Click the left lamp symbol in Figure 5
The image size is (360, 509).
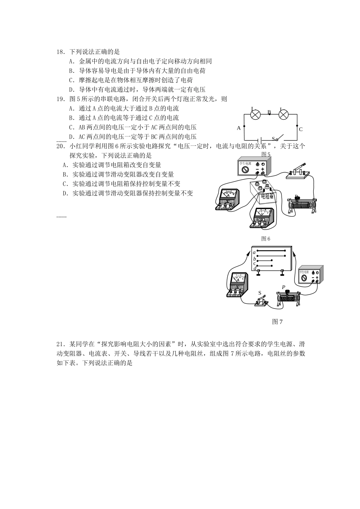point(256,115)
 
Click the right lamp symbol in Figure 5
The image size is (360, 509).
point(284,115)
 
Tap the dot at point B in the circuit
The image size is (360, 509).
point(269,114)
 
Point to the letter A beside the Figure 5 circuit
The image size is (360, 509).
point(239,128)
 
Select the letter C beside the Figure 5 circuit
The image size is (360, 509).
point(301,129)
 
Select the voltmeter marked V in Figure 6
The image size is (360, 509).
point(262,218)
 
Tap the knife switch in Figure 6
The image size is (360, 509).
point(299,171)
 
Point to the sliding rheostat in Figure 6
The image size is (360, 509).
point(302,205)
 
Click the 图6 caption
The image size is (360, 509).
point(266,239)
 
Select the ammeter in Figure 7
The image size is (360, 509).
point(238,285)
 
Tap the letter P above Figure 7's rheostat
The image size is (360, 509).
point(283,288)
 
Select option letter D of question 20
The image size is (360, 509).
point(65,193)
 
